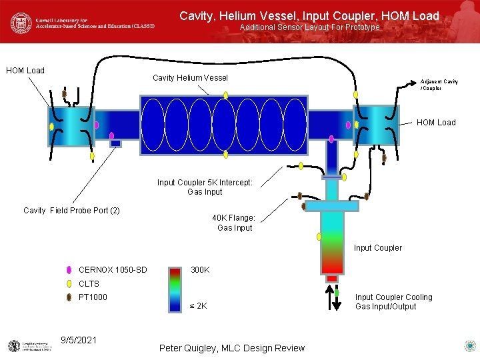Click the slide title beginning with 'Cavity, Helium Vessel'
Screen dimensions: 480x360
[309, 15]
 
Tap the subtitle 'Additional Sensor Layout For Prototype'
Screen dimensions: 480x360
[309, 27]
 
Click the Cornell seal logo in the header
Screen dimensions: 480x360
[21, 23]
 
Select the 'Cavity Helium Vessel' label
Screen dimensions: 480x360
[190, 78]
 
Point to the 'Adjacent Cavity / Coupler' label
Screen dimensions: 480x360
[439, 85]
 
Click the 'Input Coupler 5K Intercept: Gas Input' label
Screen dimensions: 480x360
[205, 187]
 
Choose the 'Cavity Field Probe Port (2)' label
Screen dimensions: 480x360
[71, 211]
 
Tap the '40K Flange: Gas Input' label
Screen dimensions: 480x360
[234, 223]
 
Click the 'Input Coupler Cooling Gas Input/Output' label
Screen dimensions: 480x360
[393, 302]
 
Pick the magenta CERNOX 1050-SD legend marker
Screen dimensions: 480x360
[69, 271]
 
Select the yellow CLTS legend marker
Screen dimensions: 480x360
[69, 284]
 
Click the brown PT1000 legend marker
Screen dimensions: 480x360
[69, 297]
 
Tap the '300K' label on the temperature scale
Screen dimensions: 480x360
[200, 270]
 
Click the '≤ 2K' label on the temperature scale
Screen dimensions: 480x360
[199, 306]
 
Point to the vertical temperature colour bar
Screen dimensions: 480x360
[175, 289]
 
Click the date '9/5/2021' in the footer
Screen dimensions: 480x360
[78, 340]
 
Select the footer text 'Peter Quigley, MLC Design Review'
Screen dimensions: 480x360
[232, 348]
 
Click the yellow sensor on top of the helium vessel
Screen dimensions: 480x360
[226, 95]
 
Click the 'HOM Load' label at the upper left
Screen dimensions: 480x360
[25, 70]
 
